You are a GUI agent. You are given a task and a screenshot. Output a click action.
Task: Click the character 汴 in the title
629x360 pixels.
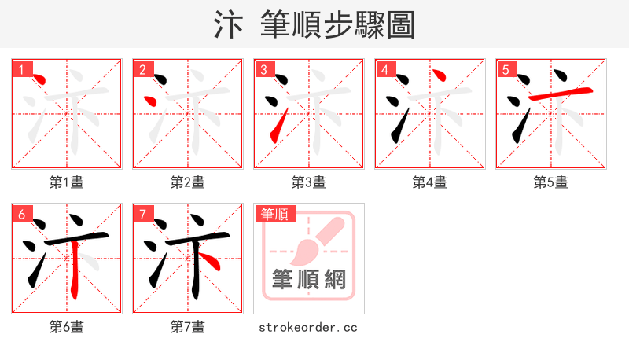click(229, 25)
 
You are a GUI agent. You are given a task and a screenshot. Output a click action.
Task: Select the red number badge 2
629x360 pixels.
click(142, 69)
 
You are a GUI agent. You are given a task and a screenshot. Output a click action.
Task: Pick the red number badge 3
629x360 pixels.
click(263, 69)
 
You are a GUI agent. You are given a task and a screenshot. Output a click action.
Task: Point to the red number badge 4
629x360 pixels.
click(384, 69)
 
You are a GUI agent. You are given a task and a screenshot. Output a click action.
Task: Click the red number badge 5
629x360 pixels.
click(506, 69)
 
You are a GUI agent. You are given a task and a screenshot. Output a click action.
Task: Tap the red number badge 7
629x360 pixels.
click(142, 214)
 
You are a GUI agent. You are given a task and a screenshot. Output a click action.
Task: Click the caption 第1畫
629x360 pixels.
click(67, 182)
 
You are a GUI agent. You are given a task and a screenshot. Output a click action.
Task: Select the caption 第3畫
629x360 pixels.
click(308, 182)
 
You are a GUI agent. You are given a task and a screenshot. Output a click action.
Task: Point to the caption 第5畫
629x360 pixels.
click(550, 182)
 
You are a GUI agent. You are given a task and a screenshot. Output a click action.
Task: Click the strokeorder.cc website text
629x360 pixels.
click(308, 327)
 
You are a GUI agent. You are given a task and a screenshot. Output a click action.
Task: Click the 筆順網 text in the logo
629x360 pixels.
click(309, 280)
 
